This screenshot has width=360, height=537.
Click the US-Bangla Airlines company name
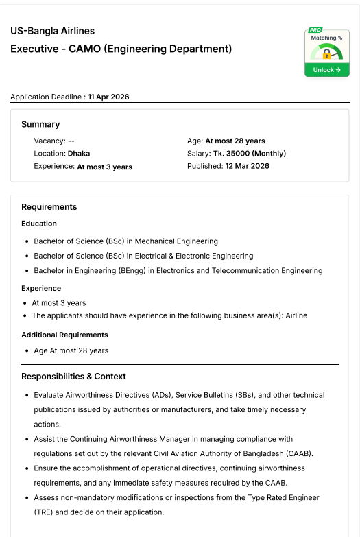point(53,31)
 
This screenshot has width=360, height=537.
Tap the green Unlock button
point(326,70)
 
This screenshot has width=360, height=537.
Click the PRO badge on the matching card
point(315,30)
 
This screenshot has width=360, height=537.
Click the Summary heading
point(40,124)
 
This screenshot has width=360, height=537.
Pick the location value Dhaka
point(79,154)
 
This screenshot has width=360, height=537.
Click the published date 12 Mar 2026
point(247,166)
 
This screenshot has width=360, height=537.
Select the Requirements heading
point(49,206)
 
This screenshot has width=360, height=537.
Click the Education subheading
point(39,223)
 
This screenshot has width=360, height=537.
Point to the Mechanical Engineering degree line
point(125,241)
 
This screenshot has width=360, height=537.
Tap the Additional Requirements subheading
point(64,335)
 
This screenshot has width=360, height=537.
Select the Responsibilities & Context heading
point(73,376)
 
